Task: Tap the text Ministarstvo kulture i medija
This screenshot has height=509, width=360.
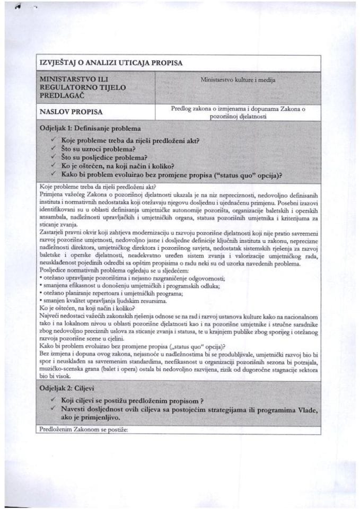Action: [x=238, y=80]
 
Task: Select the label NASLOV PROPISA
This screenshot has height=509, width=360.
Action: [x=71, y=112]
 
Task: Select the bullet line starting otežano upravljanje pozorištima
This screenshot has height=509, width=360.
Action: [x=133, y=278]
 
